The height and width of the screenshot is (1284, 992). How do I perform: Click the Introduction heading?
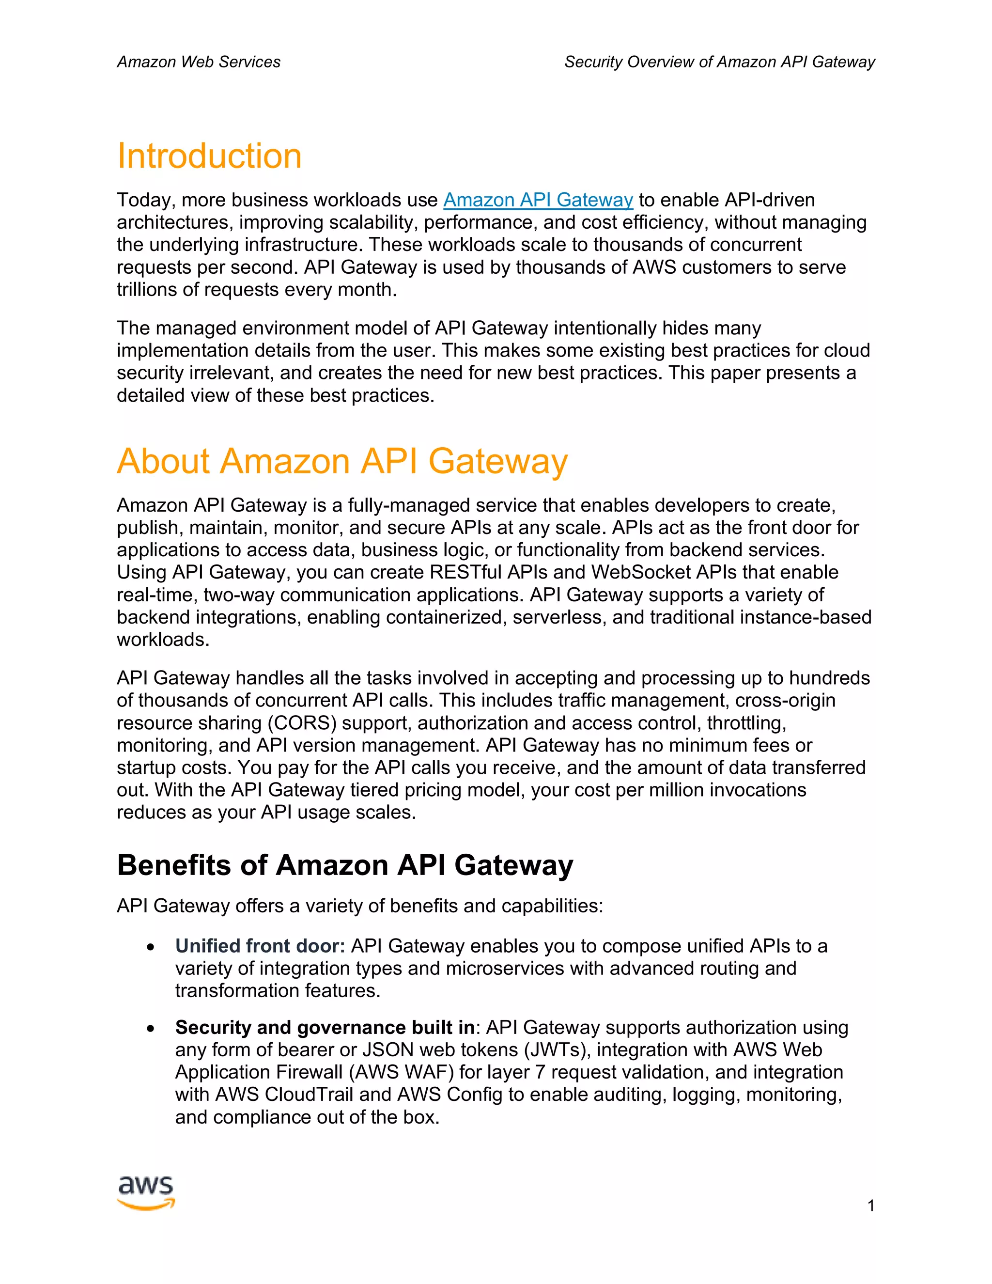pos(209,157)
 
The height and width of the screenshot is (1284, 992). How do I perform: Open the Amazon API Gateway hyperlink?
pos(538,201)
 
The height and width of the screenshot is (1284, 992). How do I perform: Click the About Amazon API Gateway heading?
pos(342,461)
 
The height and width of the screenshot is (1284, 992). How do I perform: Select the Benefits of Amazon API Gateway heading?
pos(345,865)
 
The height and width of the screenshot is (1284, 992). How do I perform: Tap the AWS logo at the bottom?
pos(146,1192)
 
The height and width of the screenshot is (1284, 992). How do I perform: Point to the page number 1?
pos(870,1206)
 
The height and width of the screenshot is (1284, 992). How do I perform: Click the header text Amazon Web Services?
pos(199,62)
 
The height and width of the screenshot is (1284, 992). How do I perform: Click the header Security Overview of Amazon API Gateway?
pos(719,62)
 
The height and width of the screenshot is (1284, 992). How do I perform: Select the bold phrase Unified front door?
pos(260,946)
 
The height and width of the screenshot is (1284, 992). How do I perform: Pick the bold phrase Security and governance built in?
pos(325,1027)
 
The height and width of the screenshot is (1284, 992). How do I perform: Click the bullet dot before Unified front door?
pos(152,947)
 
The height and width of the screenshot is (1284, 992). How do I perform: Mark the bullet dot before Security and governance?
pos(152,1028)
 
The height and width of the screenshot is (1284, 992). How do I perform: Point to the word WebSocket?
pos(640,572)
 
